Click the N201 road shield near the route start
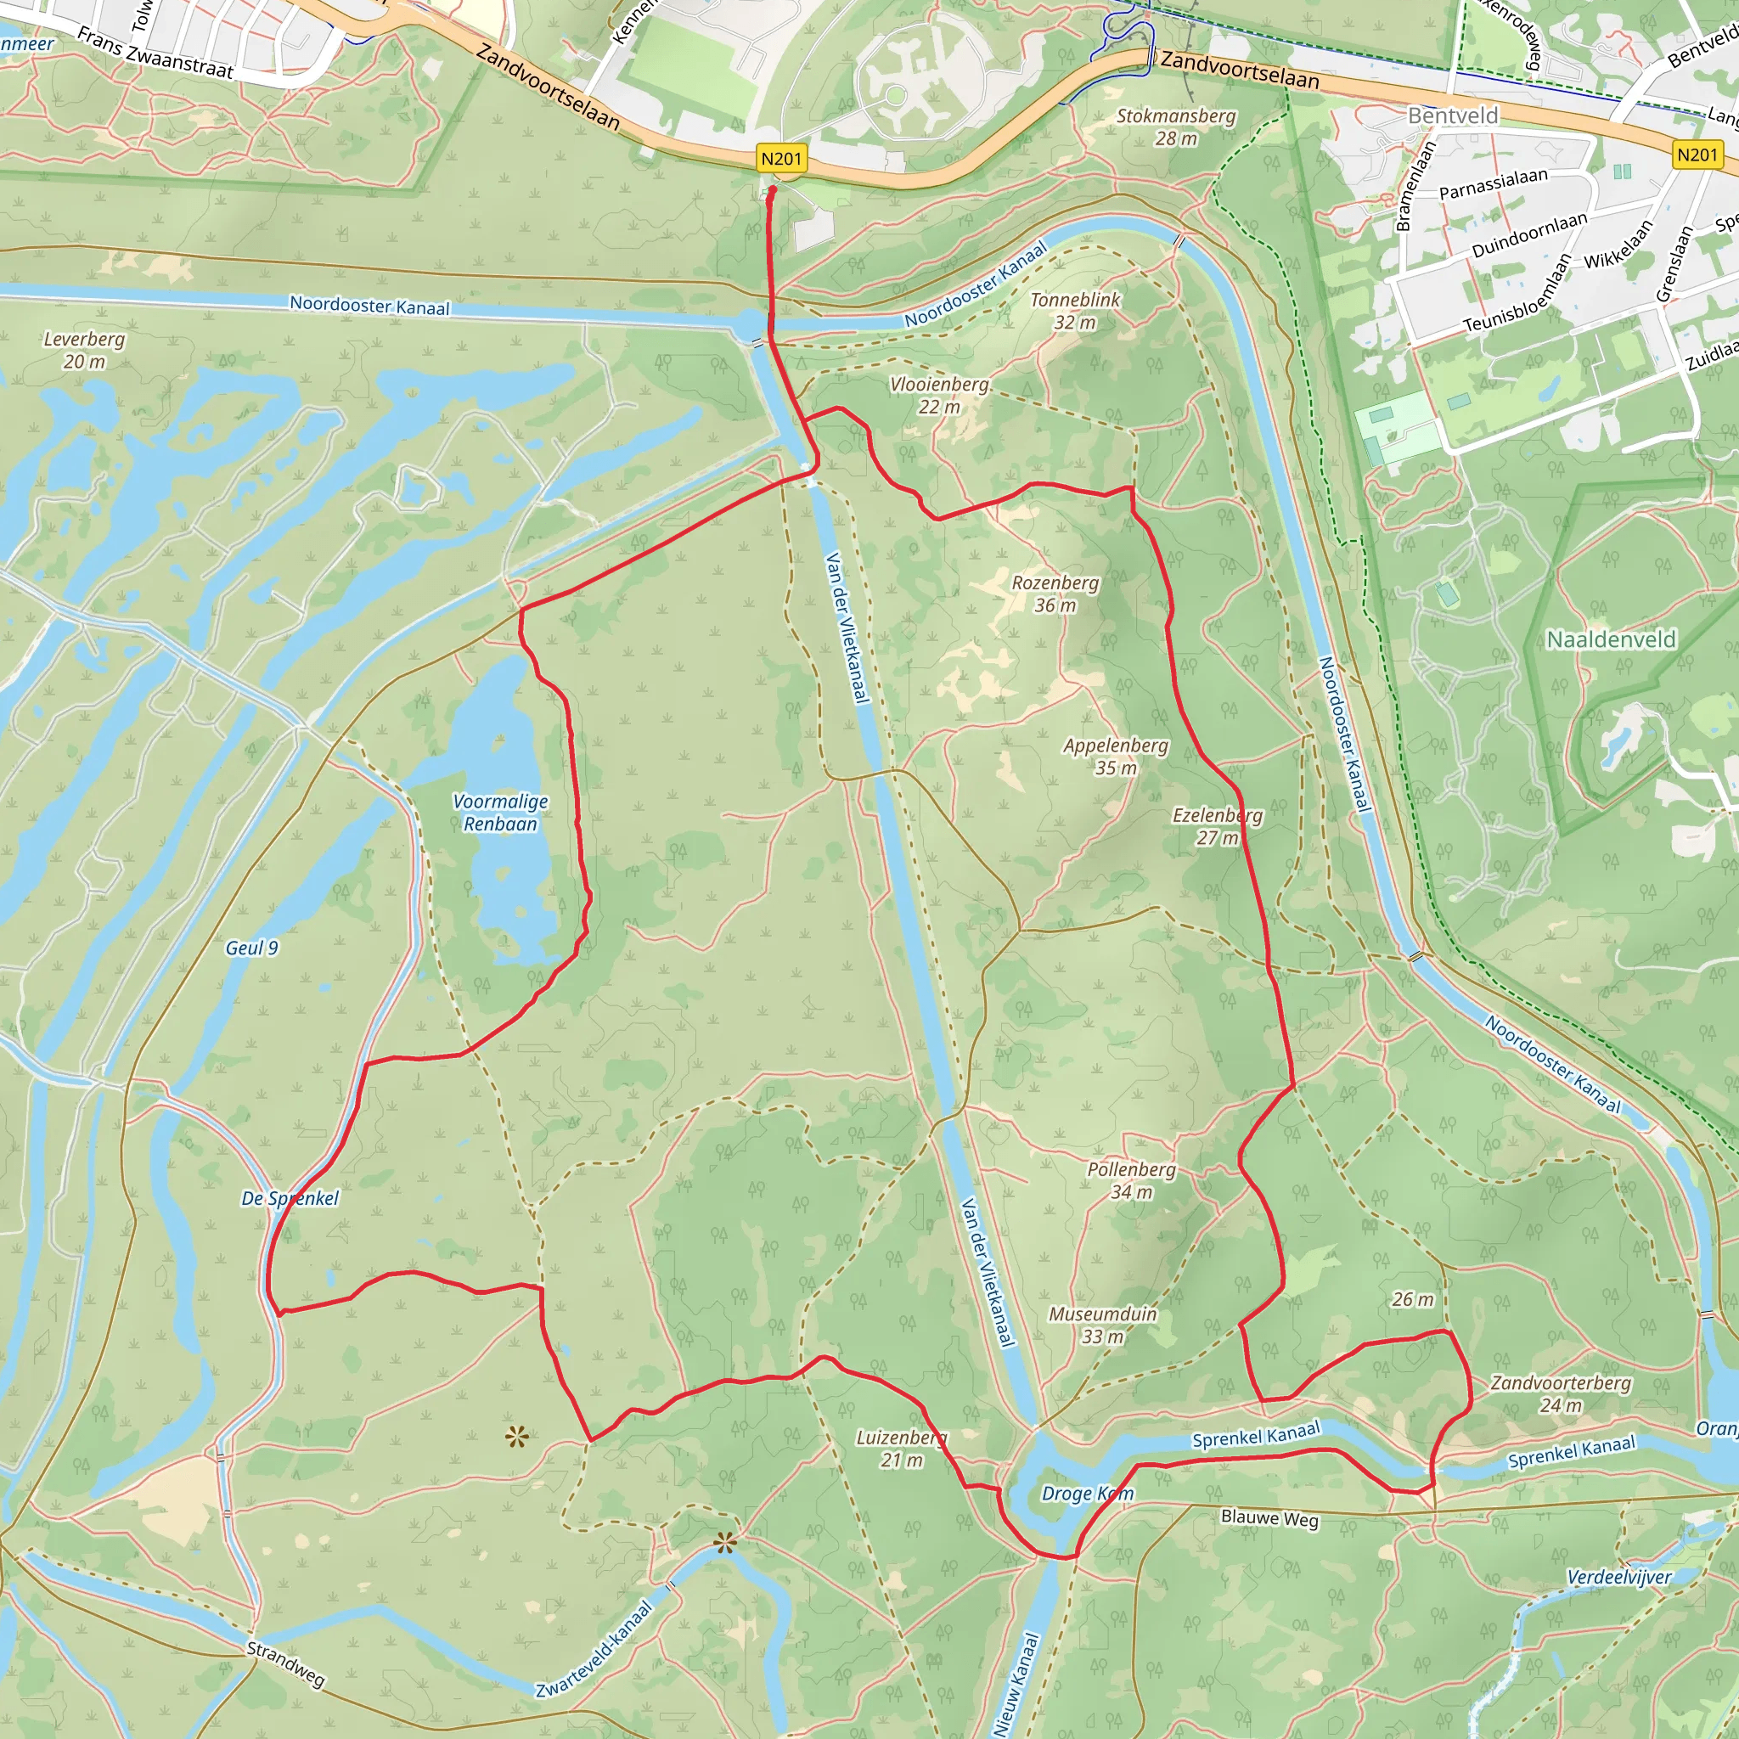pos(780,160)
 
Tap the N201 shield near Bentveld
pos(1697,155)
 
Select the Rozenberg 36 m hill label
pos(1055,594)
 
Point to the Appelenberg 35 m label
pos(1115,756)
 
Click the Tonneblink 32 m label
pos(1075,311)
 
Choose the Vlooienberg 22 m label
pos(939,395)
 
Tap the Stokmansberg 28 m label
pos(1175,127)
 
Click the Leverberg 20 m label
pos(84,350)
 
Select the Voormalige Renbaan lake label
pos(499,812)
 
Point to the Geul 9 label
pos(251,948)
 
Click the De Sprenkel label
pos(290,1198)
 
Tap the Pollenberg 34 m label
pos(1130,1180)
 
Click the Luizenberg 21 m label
pos(901,1449)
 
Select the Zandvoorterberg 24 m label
pos(1560,1393)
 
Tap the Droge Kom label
pos(1086,1494)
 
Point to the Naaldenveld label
pos(1610,639)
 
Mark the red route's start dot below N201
pos(771,191)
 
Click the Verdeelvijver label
pos(1618,1577)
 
